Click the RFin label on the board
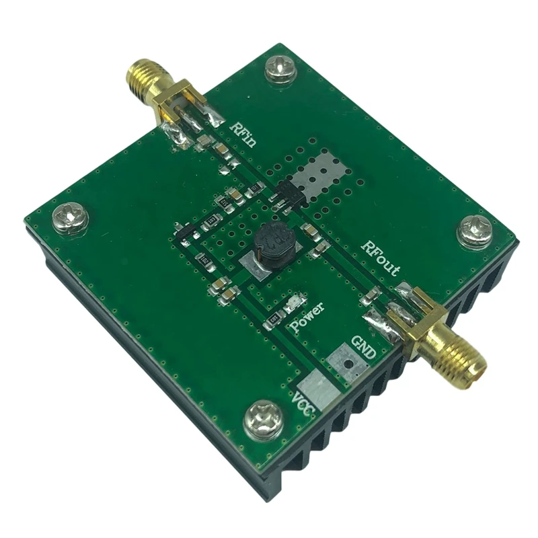[x=246, y=133]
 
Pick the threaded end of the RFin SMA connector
[x=140, y=75]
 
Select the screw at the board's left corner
[x=71, y=219]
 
